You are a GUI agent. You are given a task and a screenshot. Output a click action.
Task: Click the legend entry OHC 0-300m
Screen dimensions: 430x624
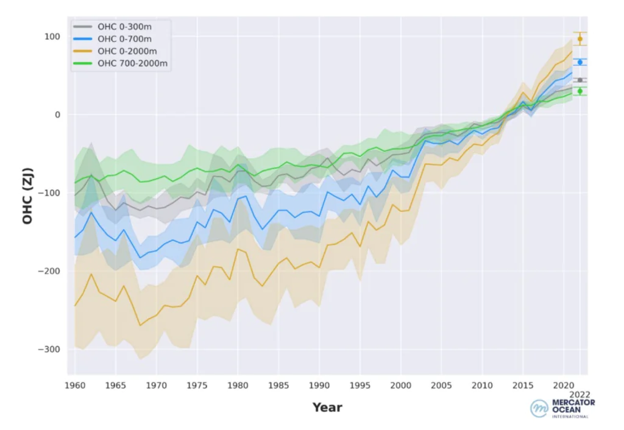[x=119, y=27]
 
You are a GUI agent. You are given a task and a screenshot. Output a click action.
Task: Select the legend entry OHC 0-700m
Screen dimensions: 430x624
[x=119, y=39]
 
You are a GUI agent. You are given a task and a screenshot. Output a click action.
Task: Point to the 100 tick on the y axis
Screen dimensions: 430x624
[x=52, y=37]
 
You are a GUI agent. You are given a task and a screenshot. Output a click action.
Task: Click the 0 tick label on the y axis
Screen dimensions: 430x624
[x=58, y=115]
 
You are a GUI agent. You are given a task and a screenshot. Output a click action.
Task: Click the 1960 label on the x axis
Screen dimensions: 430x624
[x=76, y=386]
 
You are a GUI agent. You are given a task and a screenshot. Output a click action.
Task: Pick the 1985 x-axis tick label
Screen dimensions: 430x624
[x=277, y=386]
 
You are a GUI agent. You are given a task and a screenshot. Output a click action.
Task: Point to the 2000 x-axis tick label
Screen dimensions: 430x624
[x=399, y=386]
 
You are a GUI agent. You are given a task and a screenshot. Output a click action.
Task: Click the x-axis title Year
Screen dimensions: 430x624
[x=328, y=407]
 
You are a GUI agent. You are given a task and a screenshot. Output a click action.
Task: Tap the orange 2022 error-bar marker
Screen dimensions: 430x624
[x=580, y=38]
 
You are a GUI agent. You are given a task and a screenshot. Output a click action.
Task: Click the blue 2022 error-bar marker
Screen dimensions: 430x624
[x=580, y=62]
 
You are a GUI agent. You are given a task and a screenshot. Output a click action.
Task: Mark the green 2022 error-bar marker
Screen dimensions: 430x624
[x=580, y=91]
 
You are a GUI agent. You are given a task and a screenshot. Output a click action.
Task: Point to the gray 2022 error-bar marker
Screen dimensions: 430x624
[x=580, y=80]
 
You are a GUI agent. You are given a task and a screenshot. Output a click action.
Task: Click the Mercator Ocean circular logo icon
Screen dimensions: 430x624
[x=539, y=408]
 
